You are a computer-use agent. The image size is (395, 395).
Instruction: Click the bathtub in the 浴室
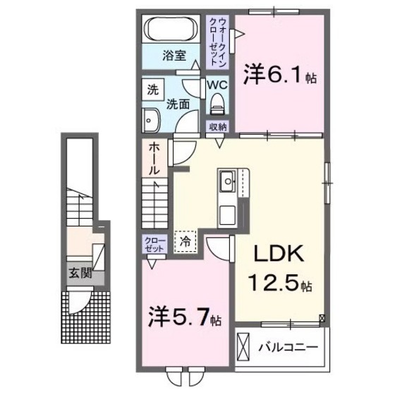(172, 31)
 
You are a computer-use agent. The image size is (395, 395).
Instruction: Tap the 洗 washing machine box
(152, 90)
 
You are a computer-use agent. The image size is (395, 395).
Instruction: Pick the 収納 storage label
(217, 128)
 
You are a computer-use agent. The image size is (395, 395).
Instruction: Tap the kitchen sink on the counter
(229, 183)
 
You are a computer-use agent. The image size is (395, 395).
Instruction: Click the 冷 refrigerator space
(186, 240)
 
